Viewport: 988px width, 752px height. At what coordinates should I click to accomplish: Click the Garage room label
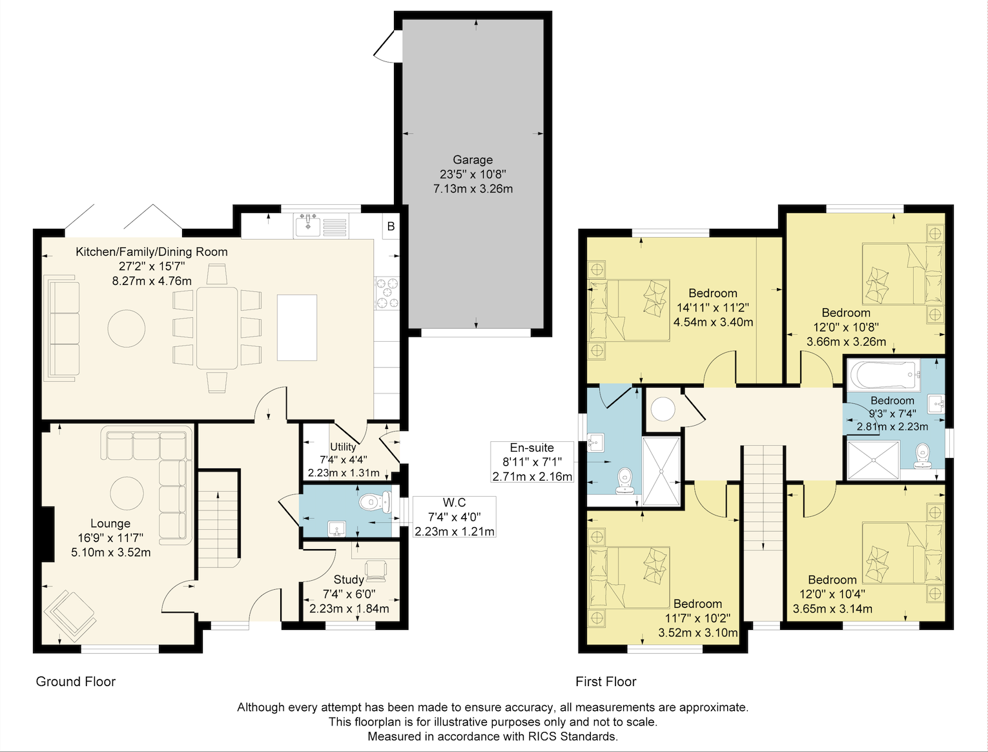pyautogui.click(x=473, y=160)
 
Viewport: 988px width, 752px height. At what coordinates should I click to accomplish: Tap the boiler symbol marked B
pyautogui.click(x=391, y=226)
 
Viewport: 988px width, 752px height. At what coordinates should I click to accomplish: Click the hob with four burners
pyautogui.click(x=387, y=293)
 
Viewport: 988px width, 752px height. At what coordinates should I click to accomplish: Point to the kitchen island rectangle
pyautogui.click(x=297, y=328)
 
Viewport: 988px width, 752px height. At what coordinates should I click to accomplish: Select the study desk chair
pyautogui.click(x=375, y=571)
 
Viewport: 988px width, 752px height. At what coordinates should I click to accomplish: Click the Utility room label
pyautogui.click(x=343, y=446)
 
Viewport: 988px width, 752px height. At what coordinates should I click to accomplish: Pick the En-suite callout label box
pyautogui.click(x=532, y=462)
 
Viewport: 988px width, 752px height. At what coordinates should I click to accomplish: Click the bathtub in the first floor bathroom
pyautogui.click(x=883, y=375)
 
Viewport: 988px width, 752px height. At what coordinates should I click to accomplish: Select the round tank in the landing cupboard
pyautogui.click(x=663, y=409)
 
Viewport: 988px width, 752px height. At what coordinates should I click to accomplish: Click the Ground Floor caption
pyautogui.click(x=76, y=682)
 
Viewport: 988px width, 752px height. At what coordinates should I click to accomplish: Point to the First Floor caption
pyautogui.click(x=606, y=682)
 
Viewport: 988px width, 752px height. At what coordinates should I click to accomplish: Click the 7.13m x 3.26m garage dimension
pyautogui.click(x=473, y=189)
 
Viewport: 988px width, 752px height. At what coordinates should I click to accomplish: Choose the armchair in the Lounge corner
pyautogui.click(x=70, y=616)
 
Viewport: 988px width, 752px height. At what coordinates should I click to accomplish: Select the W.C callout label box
pyautogui.click(x=455, y=517)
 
